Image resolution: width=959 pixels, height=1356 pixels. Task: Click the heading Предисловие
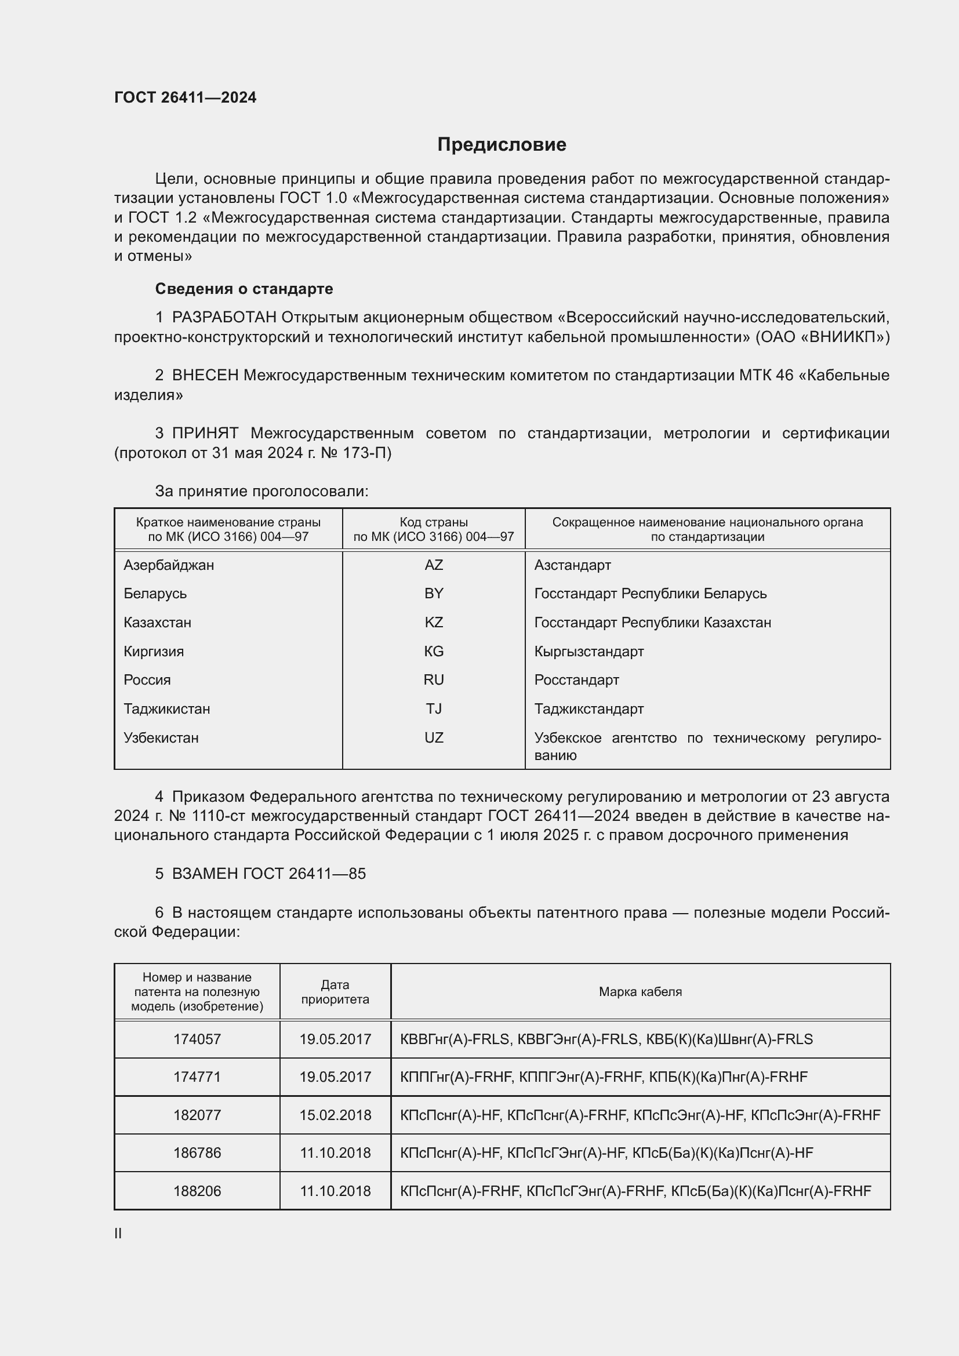[x=502, y=145]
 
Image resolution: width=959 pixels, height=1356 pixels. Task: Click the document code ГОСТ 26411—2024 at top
[x=186, y=97]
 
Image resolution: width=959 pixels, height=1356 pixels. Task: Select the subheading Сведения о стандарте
[x=244, y=289]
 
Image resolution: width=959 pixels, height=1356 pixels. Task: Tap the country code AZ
[x=434, y=565]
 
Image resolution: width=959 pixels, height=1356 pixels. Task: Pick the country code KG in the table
[x=434, y=652]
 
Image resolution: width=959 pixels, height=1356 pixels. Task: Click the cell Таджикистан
[x=166, y=708]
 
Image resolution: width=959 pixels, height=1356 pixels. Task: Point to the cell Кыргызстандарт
[x=589, y=652]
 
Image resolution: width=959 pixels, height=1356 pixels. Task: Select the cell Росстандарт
[x=576, y=680]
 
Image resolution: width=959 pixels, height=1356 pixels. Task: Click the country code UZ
[x=434, y=737]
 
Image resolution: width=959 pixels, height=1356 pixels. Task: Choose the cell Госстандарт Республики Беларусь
[x=650, y=594]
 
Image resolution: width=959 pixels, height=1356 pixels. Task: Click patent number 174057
[x=197, y=1039]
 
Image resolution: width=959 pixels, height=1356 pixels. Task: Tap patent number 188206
[x=197, y=1191]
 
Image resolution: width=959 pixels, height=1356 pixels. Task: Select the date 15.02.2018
[x=335, y=1115]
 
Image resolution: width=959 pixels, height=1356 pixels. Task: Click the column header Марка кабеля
[x=640, y=991]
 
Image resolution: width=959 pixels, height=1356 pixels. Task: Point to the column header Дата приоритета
[x=335, y=991]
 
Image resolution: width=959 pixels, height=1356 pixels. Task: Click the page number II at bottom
[x=118, y=1233]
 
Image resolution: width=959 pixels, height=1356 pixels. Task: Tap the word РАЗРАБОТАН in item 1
[x=224, y=318]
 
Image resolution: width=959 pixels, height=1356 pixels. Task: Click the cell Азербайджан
[x=168, y=565]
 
